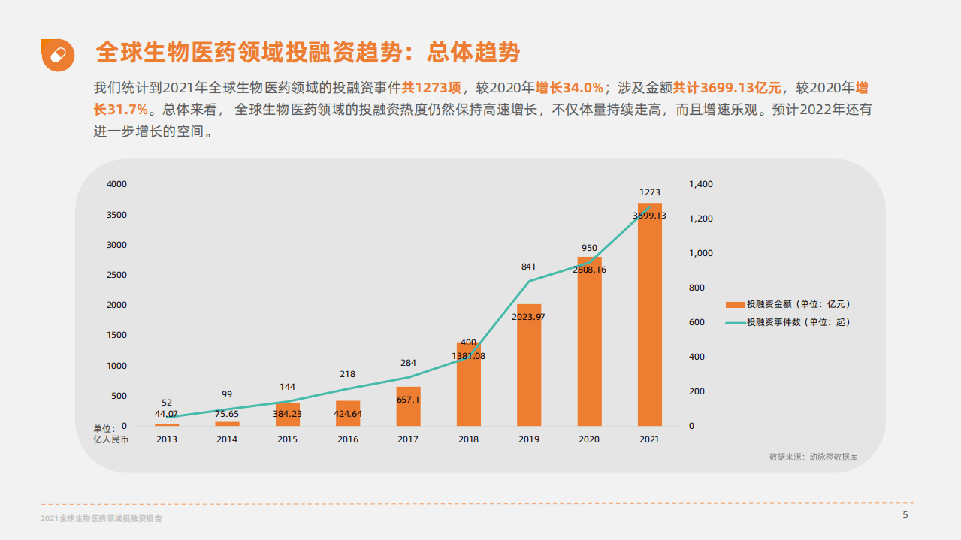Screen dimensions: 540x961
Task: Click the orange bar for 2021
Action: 649,315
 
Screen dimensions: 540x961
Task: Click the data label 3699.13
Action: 649,216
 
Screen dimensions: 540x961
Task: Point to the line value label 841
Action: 528,267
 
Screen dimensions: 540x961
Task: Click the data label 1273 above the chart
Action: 649,193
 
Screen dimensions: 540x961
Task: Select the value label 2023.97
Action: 528,317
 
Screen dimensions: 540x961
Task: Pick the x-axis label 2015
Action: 287,439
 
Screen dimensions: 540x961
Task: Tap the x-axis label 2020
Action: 589,439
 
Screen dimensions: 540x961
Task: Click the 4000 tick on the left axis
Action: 116,184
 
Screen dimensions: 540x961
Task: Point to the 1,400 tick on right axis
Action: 701,184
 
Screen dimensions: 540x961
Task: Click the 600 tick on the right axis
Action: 697,322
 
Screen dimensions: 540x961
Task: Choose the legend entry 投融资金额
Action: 797,304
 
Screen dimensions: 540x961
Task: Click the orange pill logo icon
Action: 58,55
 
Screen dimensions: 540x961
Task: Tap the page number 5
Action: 905,515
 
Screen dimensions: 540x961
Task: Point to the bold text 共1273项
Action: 436,87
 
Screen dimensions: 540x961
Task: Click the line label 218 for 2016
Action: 347,374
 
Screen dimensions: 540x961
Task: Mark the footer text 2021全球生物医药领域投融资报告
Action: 101,519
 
